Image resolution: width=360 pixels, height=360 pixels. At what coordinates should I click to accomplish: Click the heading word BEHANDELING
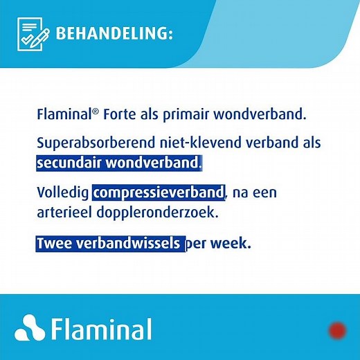(x=114, y=34)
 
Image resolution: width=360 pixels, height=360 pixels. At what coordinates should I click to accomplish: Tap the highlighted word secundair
(x=70, y=163)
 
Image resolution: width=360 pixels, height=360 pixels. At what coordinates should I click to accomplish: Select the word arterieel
(x=64, y=212)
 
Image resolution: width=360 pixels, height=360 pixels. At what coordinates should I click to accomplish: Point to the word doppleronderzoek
(x=158, y=212)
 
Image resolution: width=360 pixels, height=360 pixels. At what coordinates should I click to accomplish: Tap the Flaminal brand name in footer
(x=102, y=328)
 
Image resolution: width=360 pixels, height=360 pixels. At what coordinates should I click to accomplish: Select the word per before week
(x=198, y=245)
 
